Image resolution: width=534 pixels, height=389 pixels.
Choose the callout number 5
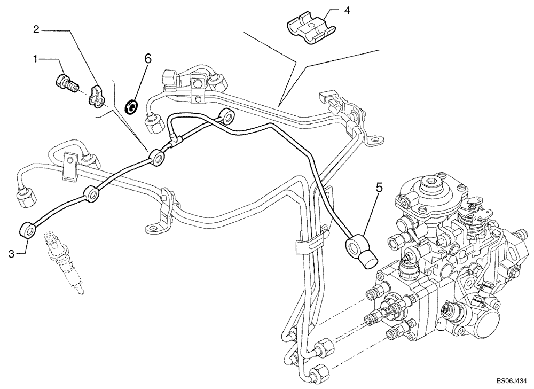click(379, 188)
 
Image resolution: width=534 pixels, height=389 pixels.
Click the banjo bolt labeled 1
click(66, 83)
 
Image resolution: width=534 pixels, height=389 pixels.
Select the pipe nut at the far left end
click(26, 199)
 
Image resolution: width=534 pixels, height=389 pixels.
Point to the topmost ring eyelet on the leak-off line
click(229, 115)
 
